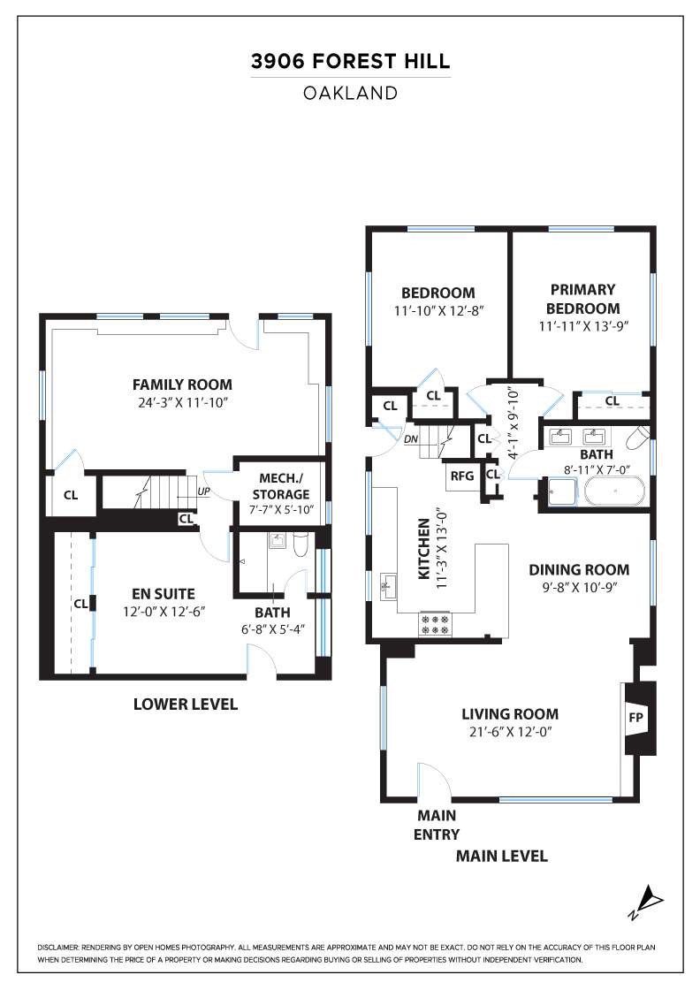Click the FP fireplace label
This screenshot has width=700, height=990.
pyautogui.click(x=635, y=718)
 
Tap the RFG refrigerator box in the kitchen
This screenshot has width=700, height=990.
pyautogui.click(x=462, y=476)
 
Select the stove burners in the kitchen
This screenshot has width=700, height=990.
pyautogui.click(x=435, y=625)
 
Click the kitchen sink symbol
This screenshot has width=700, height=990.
pyautogui.click(x=387, y=586)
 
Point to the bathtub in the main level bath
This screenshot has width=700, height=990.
pyautogui.click(x=615, y=491)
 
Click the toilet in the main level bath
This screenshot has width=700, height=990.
pyautogui.click(x=639, y=437)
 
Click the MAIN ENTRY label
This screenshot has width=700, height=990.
pyautogui.click(x=436, y=825)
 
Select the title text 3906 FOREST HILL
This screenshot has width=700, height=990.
pyautogui.click(x=350, y=61)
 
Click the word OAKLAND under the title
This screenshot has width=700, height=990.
pyautogui.click(x=350, y=94)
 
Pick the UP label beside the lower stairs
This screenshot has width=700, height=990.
pyautogui.click(x=204, y=491)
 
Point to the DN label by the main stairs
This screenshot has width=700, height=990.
pyautogui.click(x=411, y=438)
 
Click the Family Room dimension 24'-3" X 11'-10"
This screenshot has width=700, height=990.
pyautogui.click(x=182, y=403)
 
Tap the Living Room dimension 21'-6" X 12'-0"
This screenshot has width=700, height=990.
pyautogui.click(x=509, y=733)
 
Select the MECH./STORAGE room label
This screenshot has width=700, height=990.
pyautogui.click(x=281, y=486)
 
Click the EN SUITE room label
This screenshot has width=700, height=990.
pyautogui.click(x=164, y=593)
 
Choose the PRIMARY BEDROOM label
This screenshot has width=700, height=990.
pyautogui.click(x=582, y=299)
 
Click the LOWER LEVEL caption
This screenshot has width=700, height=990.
pyautogui.click(x=186, y=704)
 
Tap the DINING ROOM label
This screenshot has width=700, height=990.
pyautogui.click(x=579, y=569)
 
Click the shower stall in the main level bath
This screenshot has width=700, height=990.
pyautogui.click(x=562, y=491)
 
